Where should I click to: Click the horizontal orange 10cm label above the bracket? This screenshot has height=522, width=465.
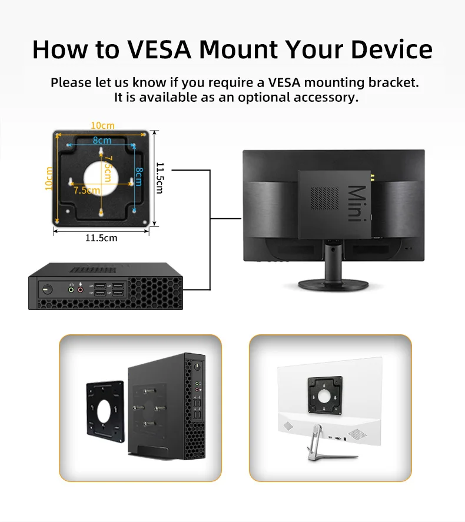point(102,125)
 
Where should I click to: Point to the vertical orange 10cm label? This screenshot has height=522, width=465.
point(49,178)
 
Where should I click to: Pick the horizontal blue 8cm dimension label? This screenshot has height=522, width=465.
point(101,141)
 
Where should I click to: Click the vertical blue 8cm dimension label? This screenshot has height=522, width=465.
point(139,177)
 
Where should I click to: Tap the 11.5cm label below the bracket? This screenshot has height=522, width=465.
point(101,238)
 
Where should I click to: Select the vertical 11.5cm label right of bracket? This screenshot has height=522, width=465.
point(160,178)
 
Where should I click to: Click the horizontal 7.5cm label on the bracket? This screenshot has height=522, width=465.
point(87,190)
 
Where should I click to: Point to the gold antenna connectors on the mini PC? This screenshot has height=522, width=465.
point(371,177)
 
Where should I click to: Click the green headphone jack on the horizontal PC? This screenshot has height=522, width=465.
point(71,289)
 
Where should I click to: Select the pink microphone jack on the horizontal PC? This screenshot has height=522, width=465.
point(80,289)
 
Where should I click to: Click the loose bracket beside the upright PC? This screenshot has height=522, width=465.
point(106,411)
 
